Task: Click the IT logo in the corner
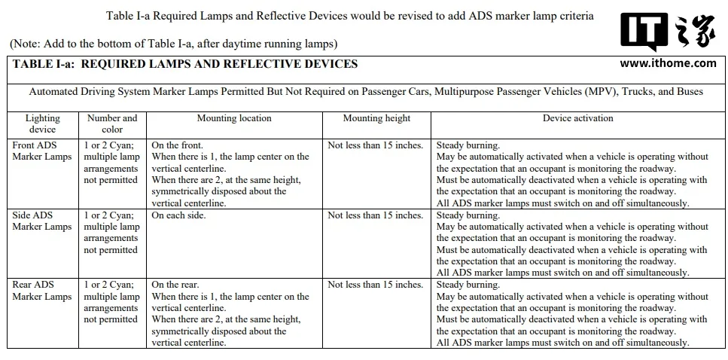[644, 32]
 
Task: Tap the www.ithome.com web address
[668, 63]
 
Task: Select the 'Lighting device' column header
[43, 124]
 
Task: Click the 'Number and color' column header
[112, 124]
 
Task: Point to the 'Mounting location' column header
[234, 118]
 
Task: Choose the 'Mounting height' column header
[376, 118]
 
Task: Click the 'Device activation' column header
[578, 118]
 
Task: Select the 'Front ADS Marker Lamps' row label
[42, 151]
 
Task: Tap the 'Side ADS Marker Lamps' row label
[42, 221]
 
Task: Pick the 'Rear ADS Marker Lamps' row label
[42, 291]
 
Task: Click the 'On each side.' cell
[178, 215]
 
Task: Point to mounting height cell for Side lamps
[376, 215]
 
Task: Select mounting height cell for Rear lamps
[376, 285]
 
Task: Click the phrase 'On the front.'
[178, 145]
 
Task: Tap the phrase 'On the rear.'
[175, 285]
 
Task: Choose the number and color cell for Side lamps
[111, 233]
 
